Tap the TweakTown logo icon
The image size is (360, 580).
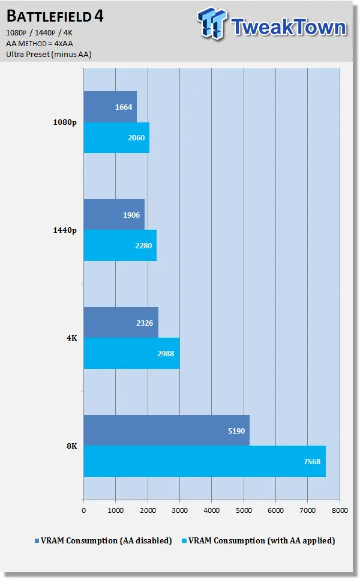click(x=212, y=26)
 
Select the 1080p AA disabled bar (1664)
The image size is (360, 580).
click(x=110, y=107)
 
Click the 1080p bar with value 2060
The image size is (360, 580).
click(x=116, y=138)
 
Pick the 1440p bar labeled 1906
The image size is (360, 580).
click(x=113, y=215)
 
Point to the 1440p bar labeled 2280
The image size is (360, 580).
click(x=119, y=245)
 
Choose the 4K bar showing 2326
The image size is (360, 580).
click(x=121, y=323)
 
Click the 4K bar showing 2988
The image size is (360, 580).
click(x=131, y=353)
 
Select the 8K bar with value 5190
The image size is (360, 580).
click(x=166, y=430)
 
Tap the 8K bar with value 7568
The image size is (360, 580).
click(x=204, y=461)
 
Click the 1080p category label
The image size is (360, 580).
click(x=65, y=123)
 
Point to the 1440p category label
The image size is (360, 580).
click(x=65, y=230)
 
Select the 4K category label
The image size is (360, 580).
click(x=71, y=338)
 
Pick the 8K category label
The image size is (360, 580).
click(x=71, y=446)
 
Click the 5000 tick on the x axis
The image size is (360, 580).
click(x=243, y=510)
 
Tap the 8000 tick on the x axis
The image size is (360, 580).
click(x=339, y=510)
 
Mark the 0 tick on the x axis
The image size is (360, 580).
click(x=83, y=510)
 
